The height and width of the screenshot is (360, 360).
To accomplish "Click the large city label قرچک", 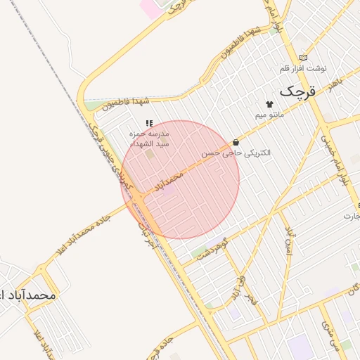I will click(298, 91).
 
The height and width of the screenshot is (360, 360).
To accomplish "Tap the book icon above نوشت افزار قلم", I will click(304, 58).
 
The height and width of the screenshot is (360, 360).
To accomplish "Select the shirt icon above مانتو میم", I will click(269, 103).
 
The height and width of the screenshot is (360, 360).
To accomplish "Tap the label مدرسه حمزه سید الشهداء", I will click(149, 137).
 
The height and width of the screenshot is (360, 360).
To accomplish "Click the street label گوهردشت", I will click(214, 248).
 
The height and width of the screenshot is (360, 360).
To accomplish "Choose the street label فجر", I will click(251, 301).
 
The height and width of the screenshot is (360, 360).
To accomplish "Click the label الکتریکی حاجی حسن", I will click(236, 153).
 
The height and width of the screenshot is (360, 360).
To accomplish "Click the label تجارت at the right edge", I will click(352, 215).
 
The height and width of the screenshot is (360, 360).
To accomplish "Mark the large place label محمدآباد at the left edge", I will click(28, 295).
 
